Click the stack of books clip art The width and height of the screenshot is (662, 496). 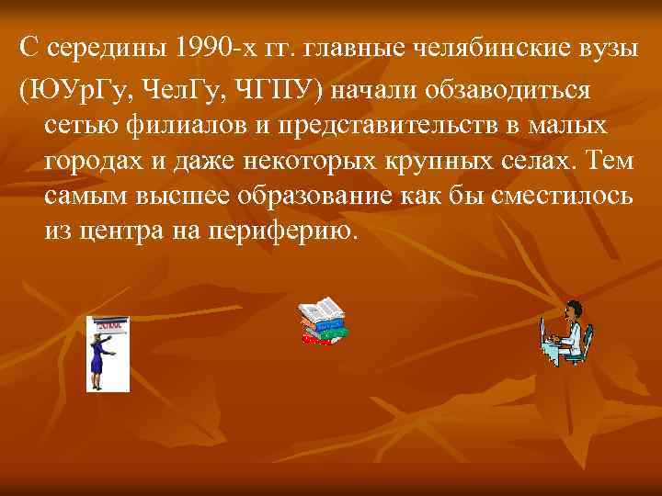pyautogui.click(x=323, y=324)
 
